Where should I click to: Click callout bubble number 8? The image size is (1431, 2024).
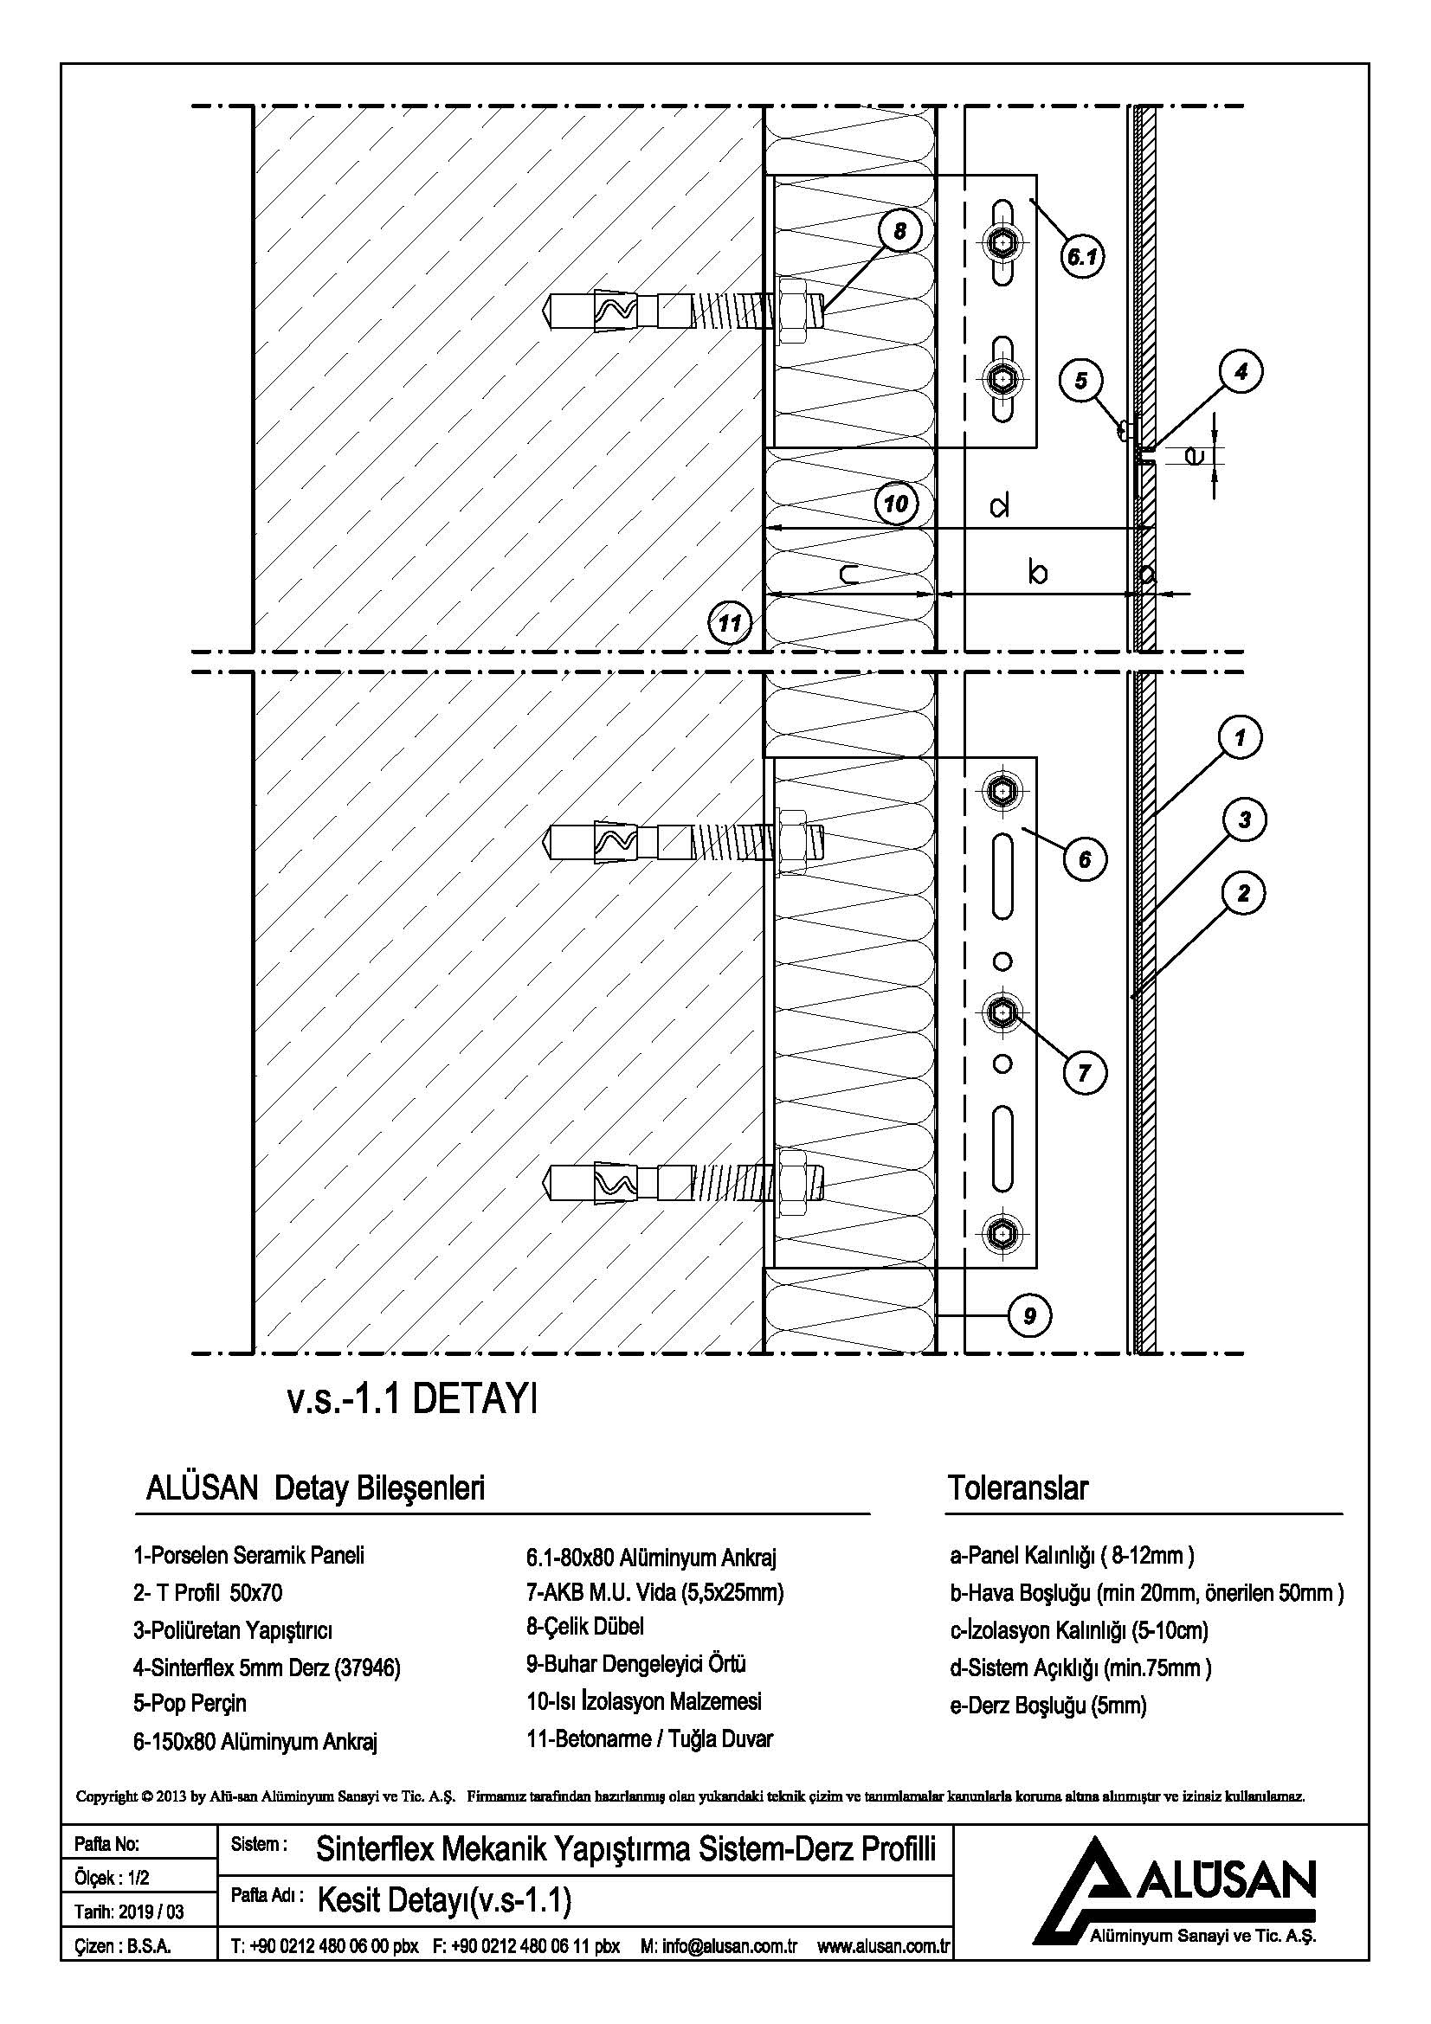coord(899,231)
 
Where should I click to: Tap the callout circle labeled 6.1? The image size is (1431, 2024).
coord(1082,257)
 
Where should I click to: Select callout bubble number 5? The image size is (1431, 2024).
coord(1081,380)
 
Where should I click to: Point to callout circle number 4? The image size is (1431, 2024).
coord(1241,372)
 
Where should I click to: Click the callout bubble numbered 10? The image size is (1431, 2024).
coord(896,504)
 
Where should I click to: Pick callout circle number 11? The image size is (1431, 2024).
coord(729,624)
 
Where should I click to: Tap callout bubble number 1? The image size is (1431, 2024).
coord(1241,737)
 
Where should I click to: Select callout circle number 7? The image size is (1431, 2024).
coord(1084,1073)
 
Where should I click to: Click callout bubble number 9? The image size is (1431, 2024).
coord(1030,1316)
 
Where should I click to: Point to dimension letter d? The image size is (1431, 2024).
coord(999,506)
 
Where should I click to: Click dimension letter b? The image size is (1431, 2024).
coord(1038,574)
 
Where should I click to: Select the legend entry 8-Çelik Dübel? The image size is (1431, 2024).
coord(584,1627)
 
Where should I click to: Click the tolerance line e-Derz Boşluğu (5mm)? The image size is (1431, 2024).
coord(1047,1705)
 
